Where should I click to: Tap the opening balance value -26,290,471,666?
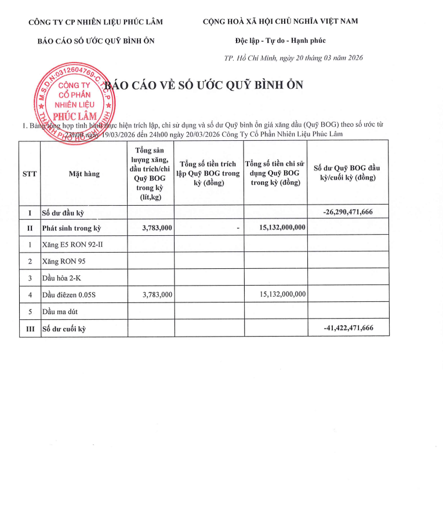coord(348,212)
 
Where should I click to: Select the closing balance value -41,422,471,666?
coord(348,329)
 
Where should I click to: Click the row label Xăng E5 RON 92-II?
coord(72,245)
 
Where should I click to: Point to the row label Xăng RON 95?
coord(64,261)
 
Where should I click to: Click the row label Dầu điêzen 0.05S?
coord(69,295)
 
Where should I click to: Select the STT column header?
coord(30,173)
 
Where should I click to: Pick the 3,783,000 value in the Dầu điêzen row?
coord(157,295)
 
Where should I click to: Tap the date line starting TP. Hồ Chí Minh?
coord(293,58)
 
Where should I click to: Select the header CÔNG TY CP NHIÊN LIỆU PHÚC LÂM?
coord(96,22)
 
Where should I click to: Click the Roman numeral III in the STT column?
coord(30,329)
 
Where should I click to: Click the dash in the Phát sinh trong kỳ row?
coord(238,228)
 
